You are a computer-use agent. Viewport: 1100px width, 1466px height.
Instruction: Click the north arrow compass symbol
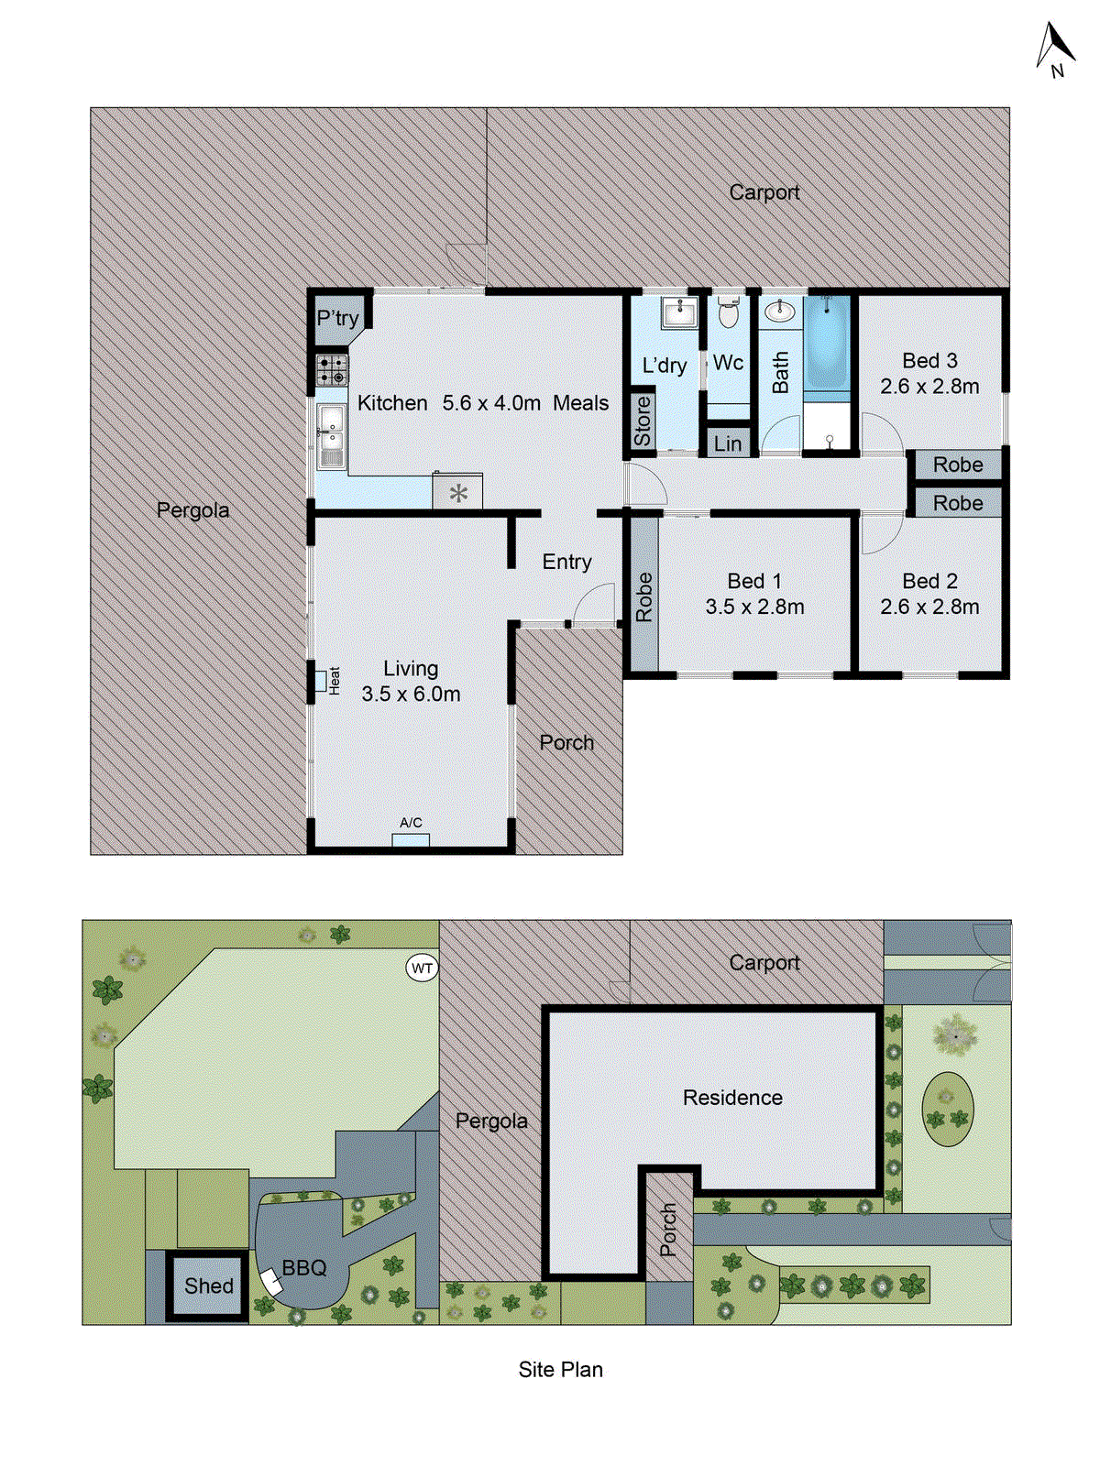pos(1055,49)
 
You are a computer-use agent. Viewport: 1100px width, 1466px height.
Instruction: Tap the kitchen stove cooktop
pos(332,369)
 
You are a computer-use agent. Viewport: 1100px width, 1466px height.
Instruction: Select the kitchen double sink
pos(330,434)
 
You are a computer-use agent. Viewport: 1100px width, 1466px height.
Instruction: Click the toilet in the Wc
pos(728,312)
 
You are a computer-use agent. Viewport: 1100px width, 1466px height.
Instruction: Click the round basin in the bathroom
pos(779,312)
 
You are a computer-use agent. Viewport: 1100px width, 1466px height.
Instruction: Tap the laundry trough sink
pos(679,312)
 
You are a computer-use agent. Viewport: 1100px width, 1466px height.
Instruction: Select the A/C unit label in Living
pos(411,823)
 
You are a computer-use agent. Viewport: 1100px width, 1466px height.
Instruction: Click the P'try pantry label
pos(337,318)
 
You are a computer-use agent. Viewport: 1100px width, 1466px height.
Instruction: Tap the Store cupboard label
pos(643,421)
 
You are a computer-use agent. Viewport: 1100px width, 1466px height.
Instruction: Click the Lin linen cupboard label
pos(727,443)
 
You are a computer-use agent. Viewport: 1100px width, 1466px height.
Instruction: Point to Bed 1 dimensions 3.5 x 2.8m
pos(754,607)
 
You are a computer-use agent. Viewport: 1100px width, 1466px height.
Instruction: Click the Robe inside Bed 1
pos(643,596)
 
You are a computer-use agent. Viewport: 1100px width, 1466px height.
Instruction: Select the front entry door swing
pos(597,605)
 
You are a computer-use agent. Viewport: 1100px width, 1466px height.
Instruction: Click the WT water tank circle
pos(422,968)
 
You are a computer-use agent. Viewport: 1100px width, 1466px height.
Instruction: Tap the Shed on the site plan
pos(208,1285)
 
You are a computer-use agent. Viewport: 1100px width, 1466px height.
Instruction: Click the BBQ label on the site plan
pos(303,1267)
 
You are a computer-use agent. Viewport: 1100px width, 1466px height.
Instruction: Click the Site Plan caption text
pos(560,1370)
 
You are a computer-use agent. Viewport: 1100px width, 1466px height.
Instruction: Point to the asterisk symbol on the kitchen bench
pos(458,493)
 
